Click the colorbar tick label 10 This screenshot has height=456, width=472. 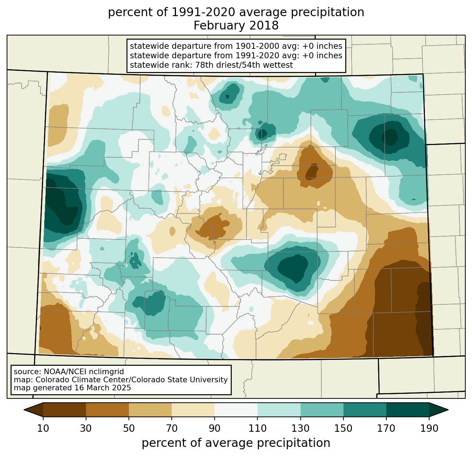click(43, 428)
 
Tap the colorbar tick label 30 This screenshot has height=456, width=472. click(86, 428)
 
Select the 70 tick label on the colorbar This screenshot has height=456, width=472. click(172, 428)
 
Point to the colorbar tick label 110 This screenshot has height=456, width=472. click(257, 428)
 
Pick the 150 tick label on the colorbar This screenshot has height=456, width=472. click(343, 428)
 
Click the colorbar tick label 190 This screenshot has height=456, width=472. click(429, 428)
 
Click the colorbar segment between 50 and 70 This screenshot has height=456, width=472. click(150, 410)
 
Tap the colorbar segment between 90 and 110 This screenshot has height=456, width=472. click(236, 410)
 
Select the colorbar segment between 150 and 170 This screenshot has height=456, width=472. click(365, 410)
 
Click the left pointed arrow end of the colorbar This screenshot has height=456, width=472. click(24, 410)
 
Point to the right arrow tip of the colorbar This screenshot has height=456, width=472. click(448, 410)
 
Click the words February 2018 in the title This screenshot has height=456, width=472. click(236, 26)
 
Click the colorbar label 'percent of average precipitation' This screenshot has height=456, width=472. click(236, 443)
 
